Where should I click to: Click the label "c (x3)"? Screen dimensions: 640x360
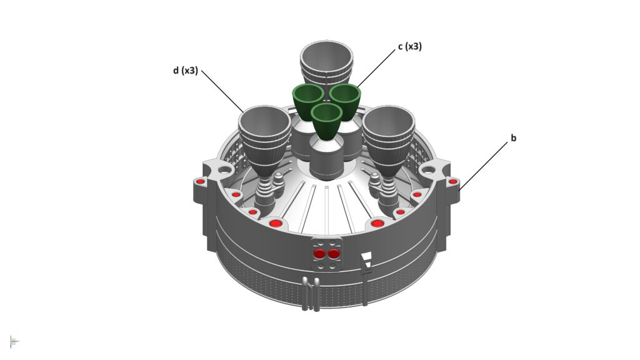click(410, 46)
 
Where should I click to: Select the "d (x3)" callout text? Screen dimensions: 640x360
click(185, 71)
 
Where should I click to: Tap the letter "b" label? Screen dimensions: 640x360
click(514, 138)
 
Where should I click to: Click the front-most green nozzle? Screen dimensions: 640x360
click(326, 121)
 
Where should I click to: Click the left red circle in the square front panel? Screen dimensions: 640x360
click(319, 254)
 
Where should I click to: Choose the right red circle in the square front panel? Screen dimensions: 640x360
click(334, 254)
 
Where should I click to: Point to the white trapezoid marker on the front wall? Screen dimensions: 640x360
click(366, 256)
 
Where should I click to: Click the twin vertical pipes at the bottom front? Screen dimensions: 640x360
click(311, 294)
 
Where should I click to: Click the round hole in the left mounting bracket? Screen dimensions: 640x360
click(224, 169)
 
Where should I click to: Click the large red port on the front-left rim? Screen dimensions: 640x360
click(276, 223)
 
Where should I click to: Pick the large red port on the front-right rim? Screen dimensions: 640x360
click(377, 223)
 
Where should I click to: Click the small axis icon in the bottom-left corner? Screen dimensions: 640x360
click(14, 341)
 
